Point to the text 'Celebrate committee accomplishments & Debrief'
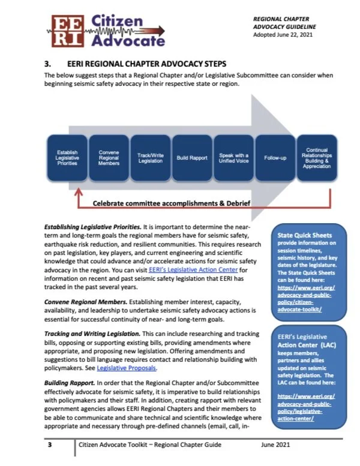click(170, 203)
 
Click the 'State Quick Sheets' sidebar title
click(305, 235)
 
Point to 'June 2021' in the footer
click(277, 444)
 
